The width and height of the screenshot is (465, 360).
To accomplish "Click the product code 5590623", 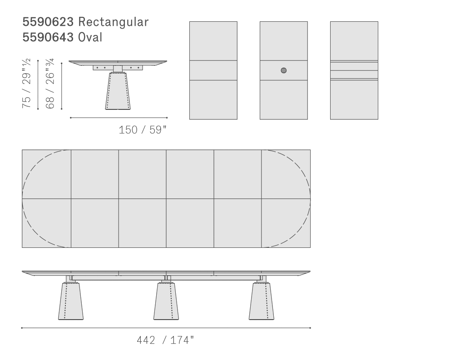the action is point(48,22).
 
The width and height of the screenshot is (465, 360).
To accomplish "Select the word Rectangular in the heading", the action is point(113,22).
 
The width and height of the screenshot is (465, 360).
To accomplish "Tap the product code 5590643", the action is point(48,37).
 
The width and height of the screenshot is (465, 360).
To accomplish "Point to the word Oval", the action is point(90,37).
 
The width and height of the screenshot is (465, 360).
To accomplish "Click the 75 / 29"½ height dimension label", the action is point(26,84).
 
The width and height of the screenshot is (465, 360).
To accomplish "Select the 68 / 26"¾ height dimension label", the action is point(50,84).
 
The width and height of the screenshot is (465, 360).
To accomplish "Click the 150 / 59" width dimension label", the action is point(143,130).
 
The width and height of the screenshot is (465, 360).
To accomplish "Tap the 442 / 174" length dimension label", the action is point(165,340).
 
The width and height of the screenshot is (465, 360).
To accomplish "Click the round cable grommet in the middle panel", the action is point(283,70).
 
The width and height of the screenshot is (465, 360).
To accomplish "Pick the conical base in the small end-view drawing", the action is point(118,91).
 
